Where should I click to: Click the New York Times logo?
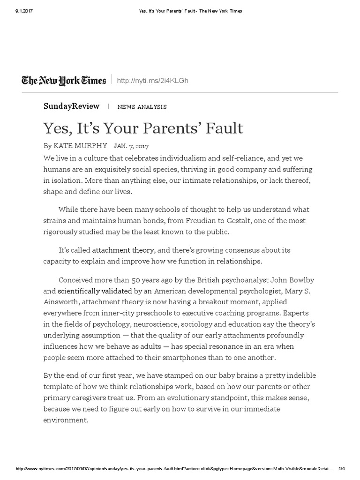64,81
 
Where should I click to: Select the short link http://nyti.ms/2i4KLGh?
153,81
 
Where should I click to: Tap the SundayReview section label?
71,106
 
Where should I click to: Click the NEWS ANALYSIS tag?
142,107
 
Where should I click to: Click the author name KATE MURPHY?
81,146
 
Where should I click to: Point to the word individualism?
172,157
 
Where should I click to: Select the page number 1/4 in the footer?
341,469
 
